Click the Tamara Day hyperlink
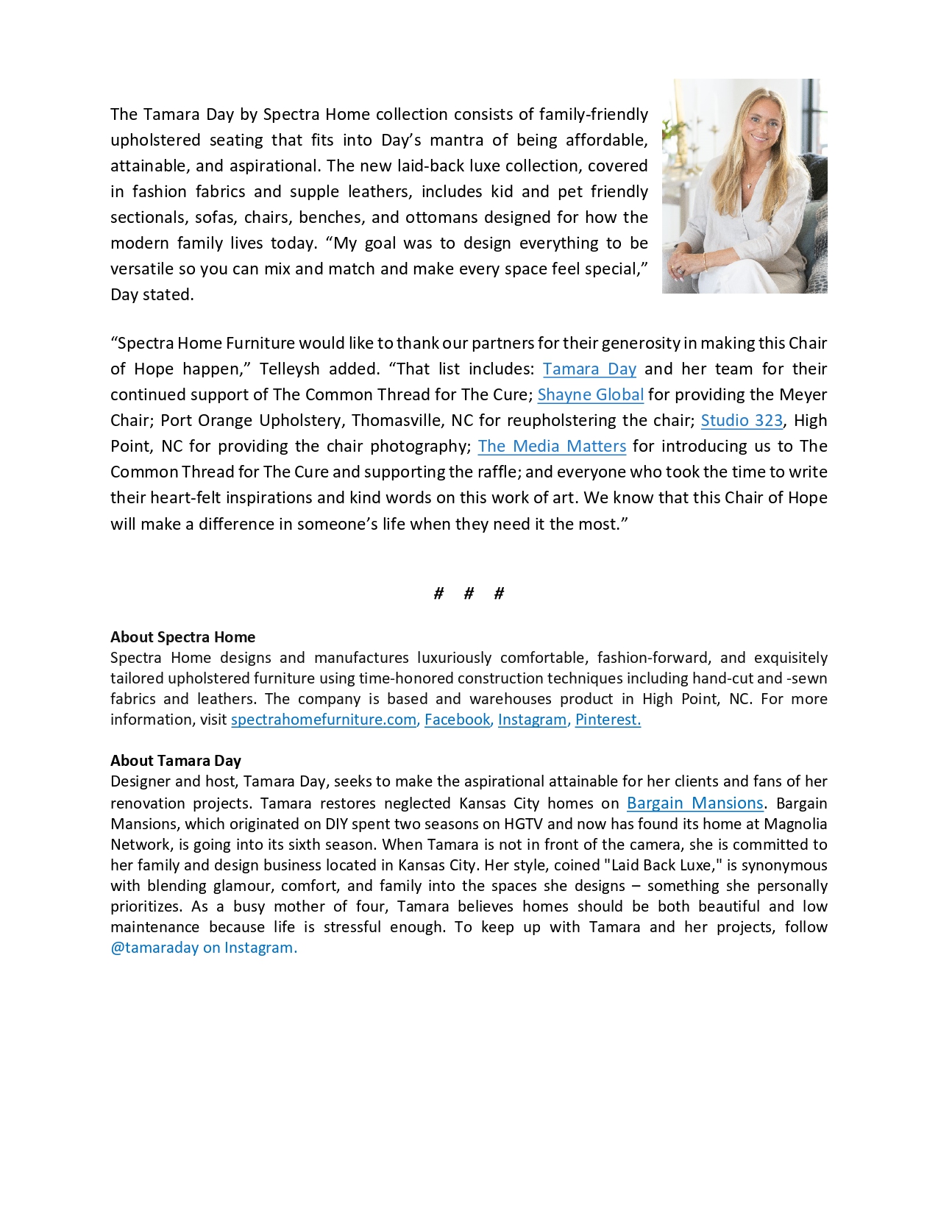pos(589,369)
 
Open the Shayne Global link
pos(590,395)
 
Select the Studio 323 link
pos(742,421)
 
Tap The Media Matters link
pos(552,447)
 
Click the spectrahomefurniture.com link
pos(324,720)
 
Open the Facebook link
pos(457,720)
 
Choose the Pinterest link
pos(607,720)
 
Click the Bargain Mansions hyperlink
pos(694,803)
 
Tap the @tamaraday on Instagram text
pos(204,948)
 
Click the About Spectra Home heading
pos(182,637)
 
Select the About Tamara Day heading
pos(175,761)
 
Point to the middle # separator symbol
pos(469,594)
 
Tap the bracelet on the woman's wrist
pos(705,261)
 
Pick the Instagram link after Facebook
pos(532,720)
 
